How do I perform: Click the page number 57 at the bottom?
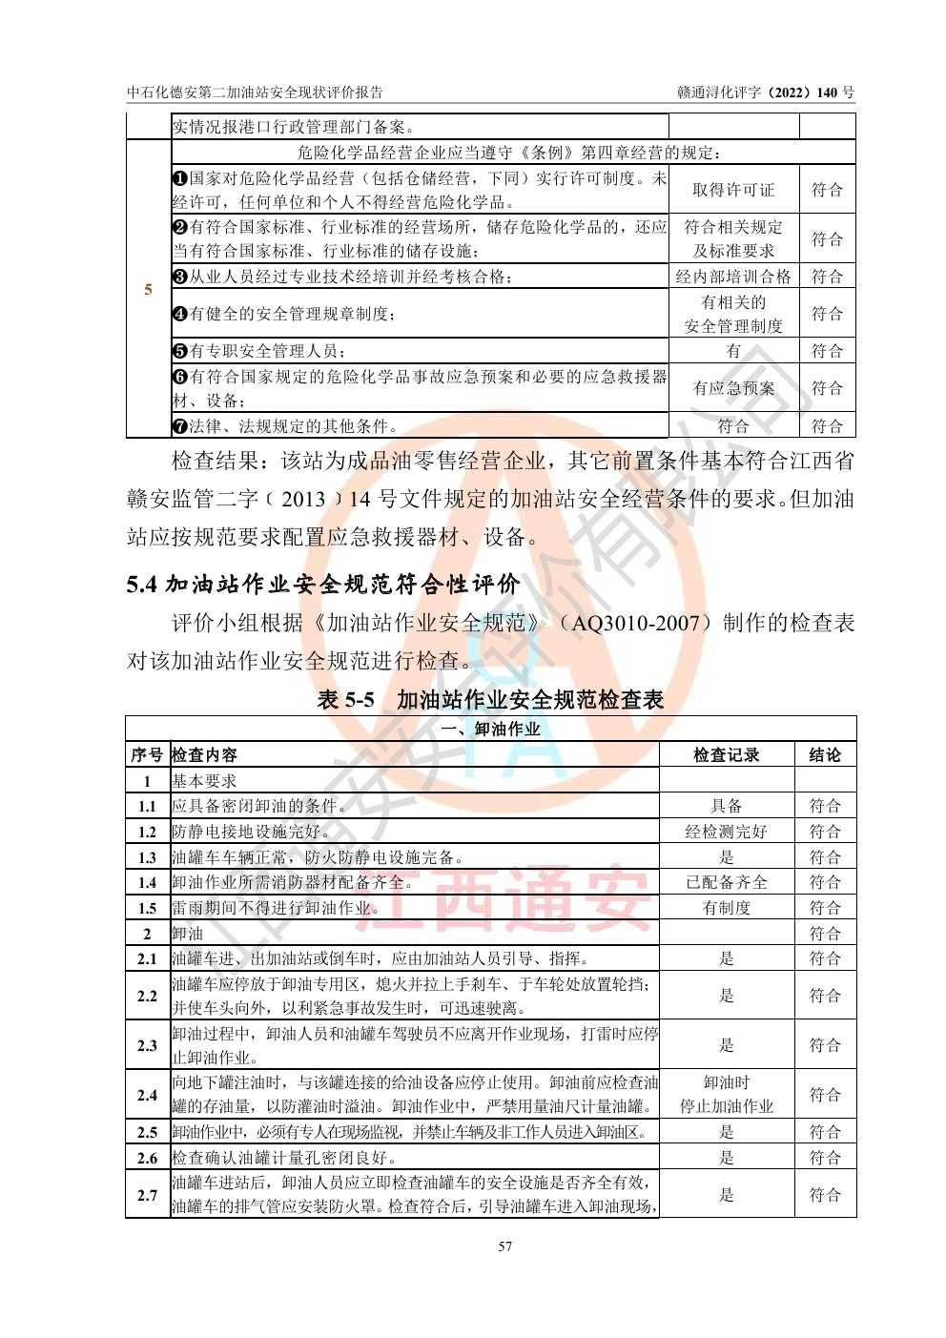505,1246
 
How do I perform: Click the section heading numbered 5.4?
323,584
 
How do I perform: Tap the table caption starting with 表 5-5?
490,700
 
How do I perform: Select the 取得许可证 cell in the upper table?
733,190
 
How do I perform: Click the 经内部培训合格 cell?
733,277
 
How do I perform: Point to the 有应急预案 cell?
733,388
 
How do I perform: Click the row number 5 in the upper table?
148,289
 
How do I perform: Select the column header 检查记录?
727,754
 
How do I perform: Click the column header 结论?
825,754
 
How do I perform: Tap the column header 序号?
147,754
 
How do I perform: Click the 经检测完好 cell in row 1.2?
727,832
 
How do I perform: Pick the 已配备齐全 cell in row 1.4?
727,882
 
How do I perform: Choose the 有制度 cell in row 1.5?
727,908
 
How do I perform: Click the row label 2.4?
147,1095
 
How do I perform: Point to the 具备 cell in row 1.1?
727,806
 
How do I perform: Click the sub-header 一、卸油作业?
490,729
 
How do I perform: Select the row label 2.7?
147,1195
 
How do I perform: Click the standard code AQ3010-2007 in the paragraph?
641,624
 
